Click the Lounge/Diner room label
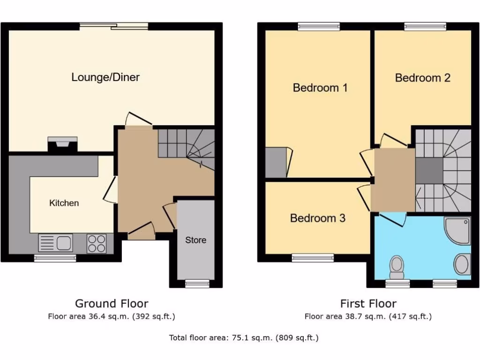[105, 77]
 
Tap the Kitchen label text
[64, 203]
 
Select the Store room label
[195, 240]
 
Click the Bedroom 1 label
[320, 88]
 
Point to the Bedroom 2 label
[422, 78]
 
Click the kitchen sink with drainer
[56, 243]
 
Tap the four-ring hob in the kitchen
[97, 243]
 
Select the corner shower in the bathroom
[457, 230]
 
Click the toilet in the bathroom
[397, 266]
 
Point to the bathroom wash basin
[462, 264]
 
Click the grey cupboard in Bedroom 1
[276, 162]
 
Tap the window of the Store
[196, 283]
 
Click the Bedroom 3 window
[313, 257]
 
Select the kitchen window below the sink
[55, 258]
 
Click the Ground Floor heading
[112, 304]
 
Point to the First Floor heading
[368, 304]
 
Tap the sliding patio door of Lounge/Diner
[114, 26]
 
